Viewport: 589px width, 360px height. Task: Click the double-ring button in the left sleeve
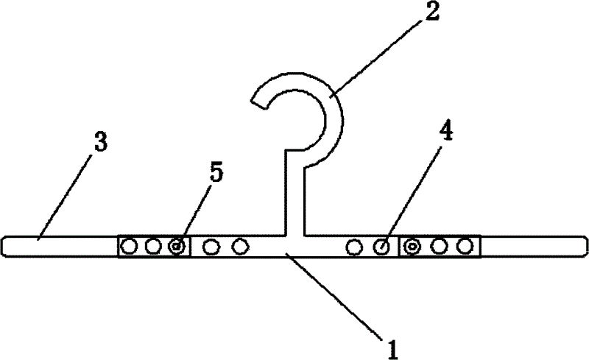177,246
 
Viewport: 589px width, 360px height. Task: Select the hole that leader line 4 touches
382,246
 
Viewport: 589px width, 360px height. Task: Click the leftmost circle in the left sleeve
130,246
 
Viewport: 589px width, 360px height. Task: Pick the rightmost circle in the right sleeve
465,246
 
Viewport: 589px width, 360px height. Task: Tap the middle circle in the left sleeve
152,246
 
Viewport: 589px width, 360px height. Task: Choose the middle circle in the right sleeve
440,246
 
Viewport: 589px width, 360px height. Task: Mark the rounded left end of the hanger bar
6,246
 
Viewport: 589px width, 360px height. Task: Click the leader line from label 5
195,213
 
